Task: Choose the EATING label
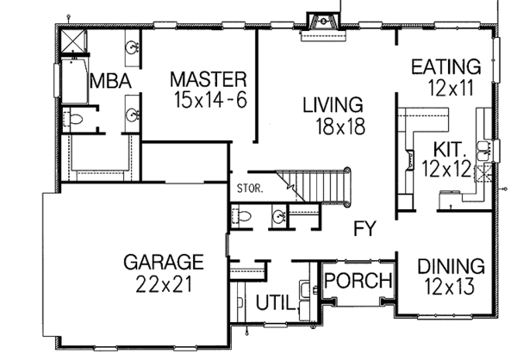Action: pyautogui.click(x=445, y=66)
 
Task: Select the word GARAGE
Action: pyautogui.click(x=162, y=260)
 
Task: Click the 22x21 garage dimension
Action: pyautogui.click(x=162, y=281)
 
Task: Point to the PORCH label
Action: pyautogui.click(x=358, y=281)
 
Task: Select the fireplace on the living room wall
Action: pyautogui.click(x=327, y=21)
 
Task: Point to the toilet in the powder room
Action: pyautogui.click(x=242, y=215)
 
